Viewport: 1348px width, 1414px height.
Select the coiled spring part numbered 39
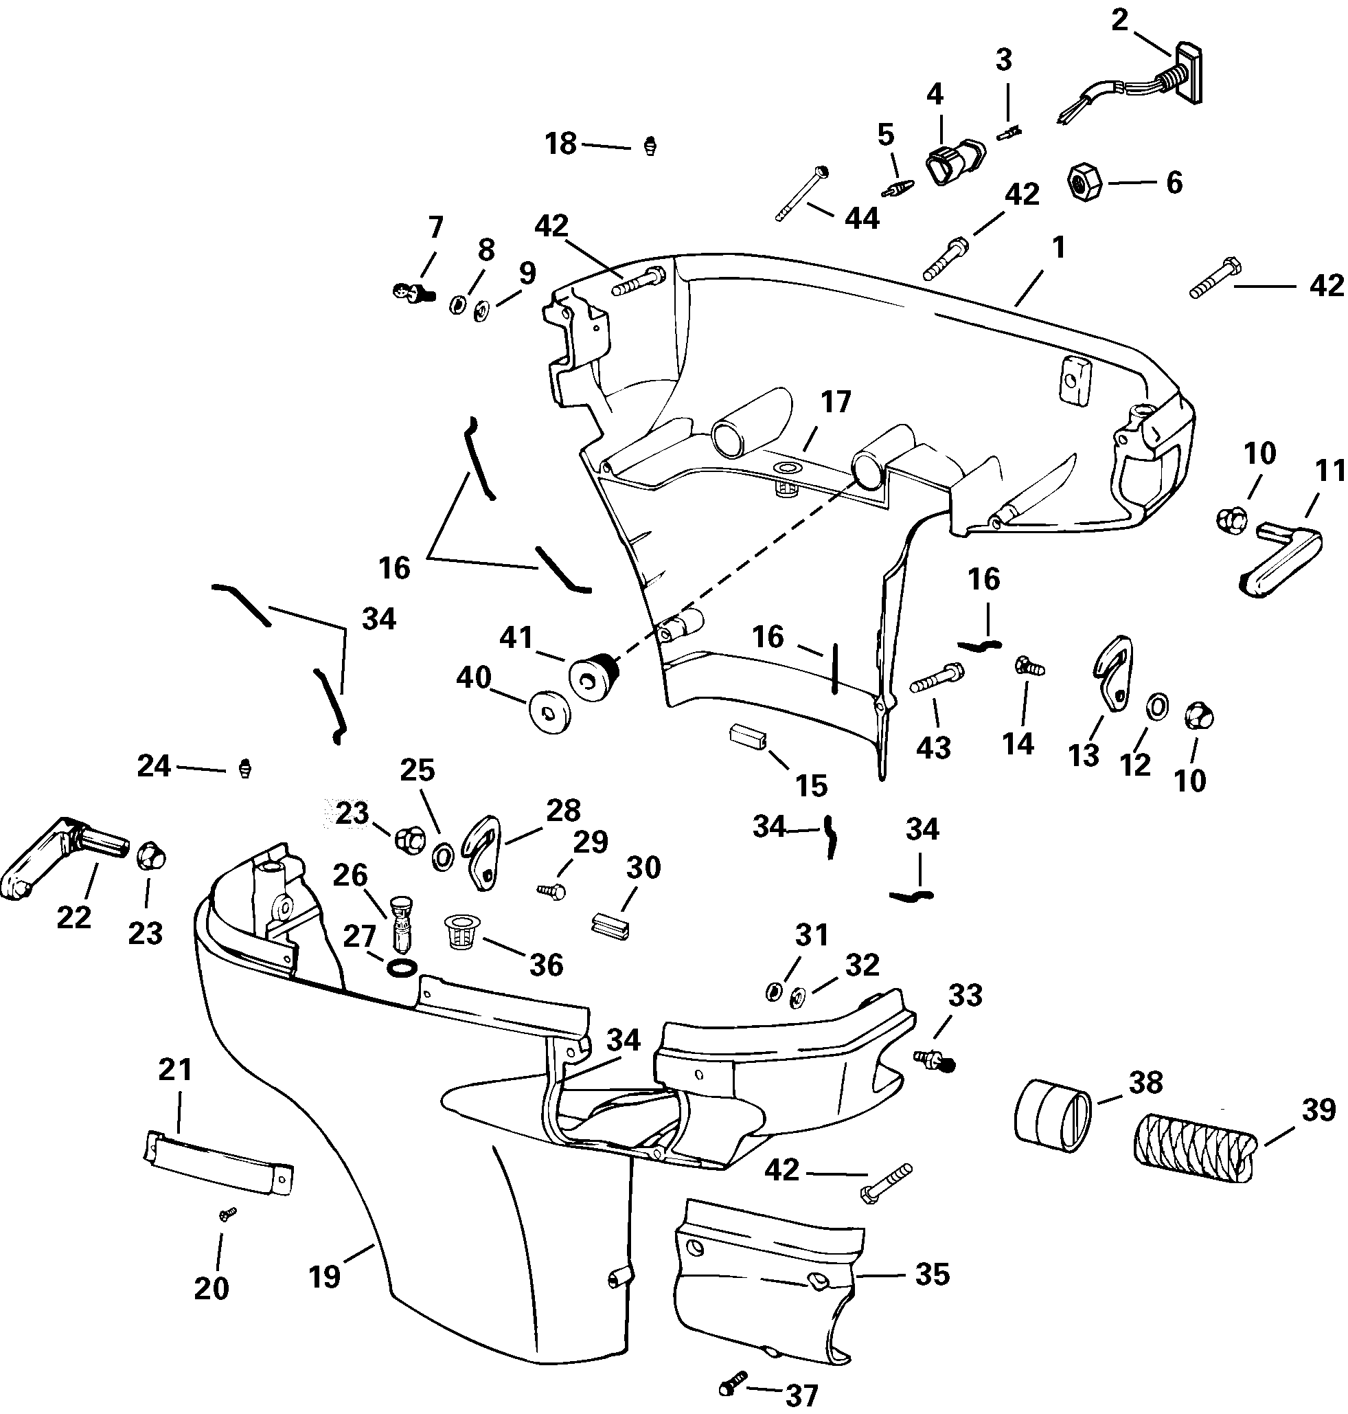1194,1148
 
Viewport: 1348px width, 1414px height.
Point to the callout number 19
324,1277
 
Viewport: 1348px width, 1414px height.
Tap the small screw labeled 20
228,1214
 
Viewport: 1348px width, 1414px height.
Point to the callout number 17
836,403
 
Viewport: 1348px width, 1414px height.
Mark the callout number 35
932,1275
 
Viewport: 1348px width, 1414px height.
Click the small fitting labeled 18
651,146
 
